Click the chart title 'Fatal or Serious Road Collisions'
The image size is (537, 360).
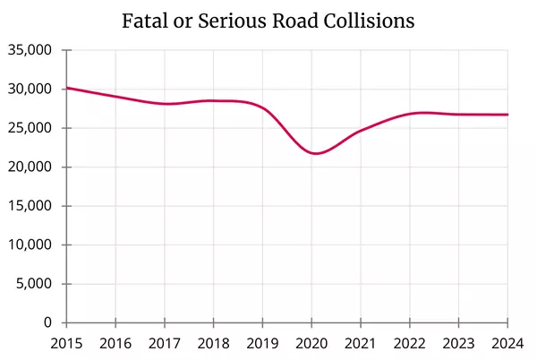(268, 21)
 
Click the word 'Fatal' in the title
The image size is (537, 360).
(144, 21)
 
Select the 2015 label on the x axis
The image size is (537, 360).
(66, 342)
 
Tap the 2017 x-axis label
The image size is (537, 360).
(165, 342)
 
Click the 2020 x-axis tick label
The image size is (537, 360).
(311, 342)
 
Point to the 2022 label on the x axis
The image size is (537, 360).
(410, 342)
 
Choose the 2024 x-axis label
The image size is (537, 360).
(507, 342)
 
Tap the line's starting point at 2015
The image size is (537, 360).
(67, 88)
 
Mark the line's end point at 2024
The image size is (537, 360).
(507, 115)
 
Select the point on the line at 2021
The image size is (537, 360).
(361, 131)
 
